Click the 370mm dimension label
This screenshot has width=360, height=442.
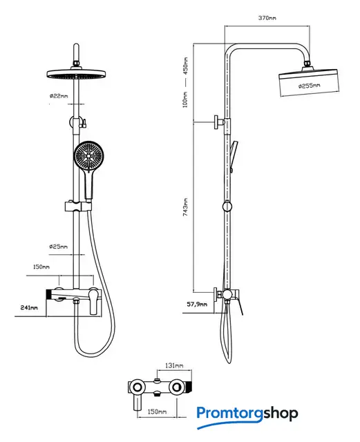pyautogui.click(x=267, y=18)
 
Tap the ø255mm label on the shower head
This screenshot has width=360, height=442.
pyautogui.click(x=310, y=85)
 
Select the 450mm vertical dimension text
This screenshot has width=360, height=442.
pyautogui.click(x=185, y=66)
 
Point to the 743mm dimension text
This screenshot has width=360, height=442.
pyautogui.click(x=185, y=207)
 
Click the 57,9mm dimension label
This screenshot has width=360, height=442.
pyautogui.click(x=197, y=304)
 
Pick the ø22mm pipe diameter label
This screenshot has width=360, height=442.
pyautogui.click(x=59, y=96)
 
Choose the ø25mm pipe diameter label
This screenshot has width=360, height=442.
pyautogui.click(x=59, y=247)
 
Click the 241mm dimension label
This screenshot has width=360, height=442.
pyautogui.click(x=29, y=307)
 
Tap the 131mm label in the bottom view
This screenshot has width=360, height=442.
pyautogui.click(x=174, y=365)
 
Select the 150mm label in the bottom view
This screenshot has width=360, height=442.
pyautogui.click(x=157, y=412)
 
